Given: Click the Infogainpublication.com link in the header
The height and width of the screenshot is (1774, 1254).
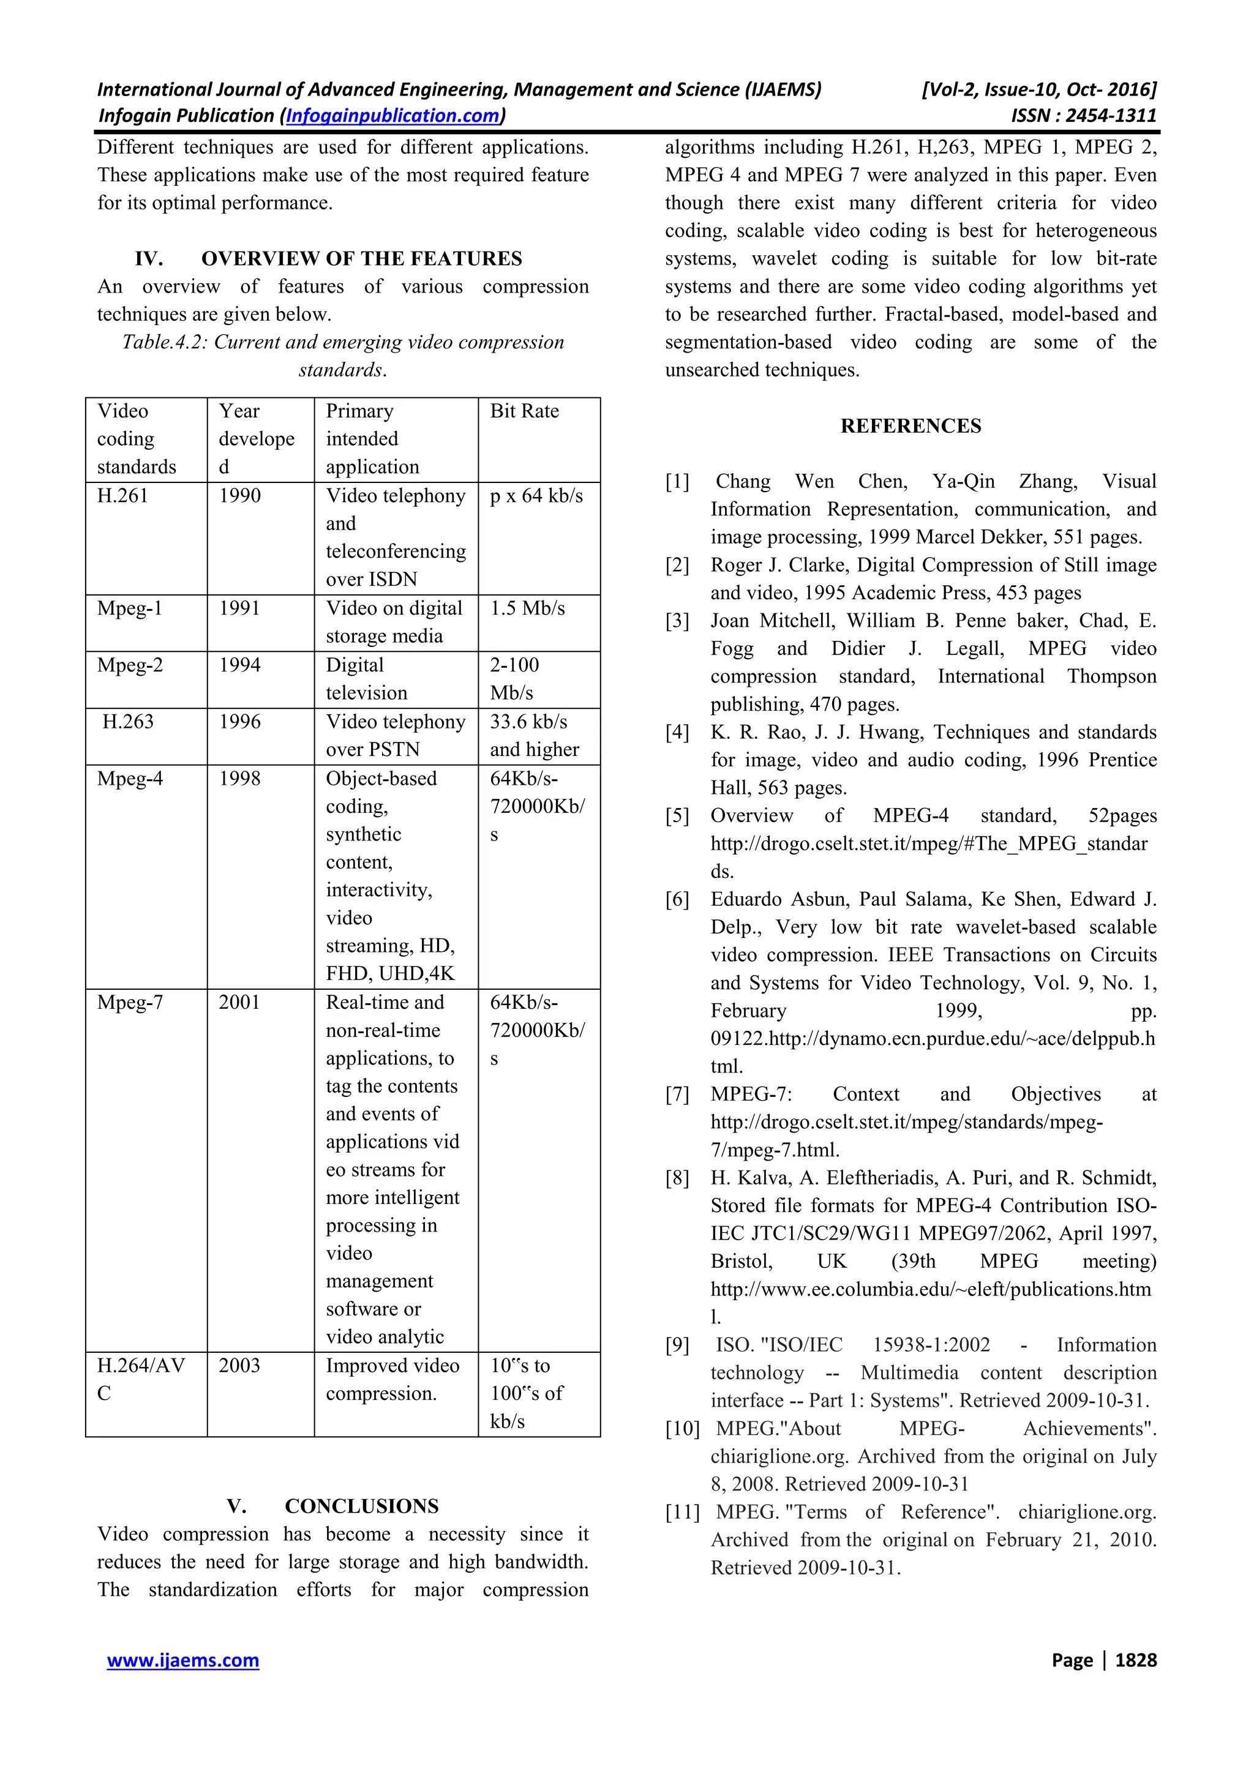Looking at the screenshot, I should [392, 116].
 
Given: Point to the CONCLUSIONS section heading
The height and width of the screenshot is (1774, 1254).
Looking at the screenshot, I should [361, 1506].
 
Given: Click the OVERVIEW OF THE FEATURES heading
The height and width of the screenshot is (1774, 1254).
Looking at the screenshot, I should [361, 258].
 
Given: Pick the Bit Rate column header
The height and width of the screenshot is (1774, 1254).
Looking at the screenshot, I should [525, 411].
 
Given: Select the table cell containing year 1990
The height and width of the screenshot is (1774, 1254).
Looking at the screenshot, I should [239, 495].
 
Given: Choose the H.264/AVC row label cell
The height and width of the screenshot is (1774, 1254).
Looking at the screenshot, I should [141, 1379].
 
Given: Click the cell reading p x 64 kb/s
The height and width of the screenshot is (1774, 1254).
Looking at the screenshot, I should [536, 495].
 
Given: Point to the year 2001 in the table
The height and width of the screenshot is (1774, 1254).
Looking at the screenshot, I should [239, 1002].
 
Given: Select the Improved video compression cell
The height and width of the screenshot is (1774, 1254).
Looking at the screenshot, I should [392, 1379].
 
